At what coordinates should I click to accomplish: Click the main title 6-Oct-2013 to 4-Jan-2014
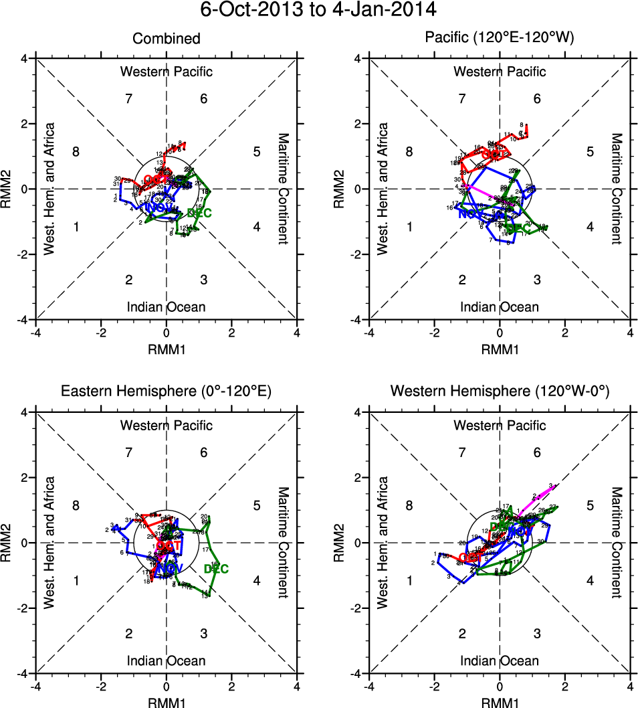[318, 11]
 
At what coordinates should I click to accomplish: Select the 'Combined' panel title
[166, 38]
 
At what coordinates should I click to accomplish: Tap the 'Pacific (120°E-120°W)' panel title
[499, 38]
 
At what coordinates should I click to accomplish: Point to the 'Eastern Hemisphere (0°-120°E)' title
[166, 391]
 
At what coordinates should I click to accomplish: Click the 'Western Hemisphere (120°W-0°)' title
[499, 391]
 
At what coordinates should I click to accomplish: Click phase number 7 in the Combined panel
[129, 99]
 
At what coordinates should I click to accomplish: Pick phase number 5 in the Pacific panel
[590, 152]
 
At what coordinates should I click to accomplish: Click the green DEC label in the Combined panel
[200, 213]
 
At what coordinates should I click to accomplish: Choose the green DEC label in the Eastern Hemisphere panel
[216, 569]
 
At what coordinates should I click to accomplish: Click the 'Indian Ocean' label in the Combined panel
[166, 307]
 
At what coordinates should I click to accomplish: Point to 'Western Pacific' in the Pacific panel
[499, 72]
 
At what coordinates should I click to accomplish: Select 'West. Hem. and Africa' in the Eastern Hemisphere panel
[49, 542]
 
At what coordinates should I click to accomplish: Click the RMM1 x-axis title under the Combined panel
[166, 349]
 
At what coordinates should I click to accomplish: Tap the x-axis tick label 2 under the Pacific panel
[565, 333]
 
